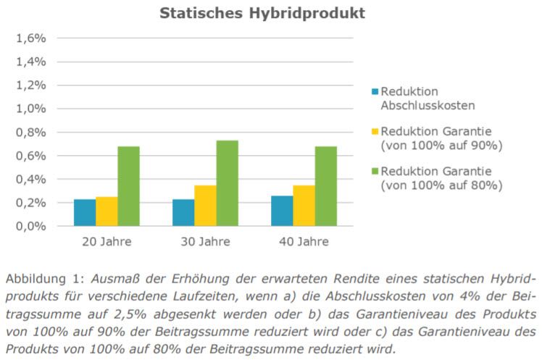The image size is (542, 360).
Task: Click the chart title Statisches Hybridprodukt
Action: tap(262, 13)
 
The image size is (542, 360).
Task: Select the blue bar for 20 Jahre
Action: tap(85, 212)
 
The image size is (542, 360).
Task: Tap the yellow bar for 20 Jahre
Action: tap(107, 212)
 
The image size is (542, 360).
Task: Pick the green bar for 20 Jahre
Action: tap(128, 186)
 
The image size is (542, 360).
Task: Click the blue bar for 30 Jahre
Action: tap(183, 212)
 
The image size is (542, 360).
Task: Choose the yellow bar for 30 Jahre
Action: tap(205, 206)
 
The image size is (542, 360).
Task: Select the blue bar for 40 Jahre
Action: tap(282, 211)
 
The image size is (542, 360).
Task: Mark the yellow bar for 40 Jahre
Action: tap(304, 206)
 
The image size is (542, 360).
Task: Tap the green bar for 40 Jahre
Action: tap(325, 186)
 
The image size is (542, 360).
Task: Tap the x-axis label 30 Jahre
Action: tap(205, 241)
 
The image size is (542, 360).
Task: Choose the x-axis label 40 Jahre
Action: tap(304, 241)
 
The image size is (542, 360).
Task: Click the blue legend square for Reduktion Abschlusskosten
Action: tap(375, 92)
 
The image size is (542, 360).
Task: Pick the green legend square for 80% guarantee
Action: tap(375, 172)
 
